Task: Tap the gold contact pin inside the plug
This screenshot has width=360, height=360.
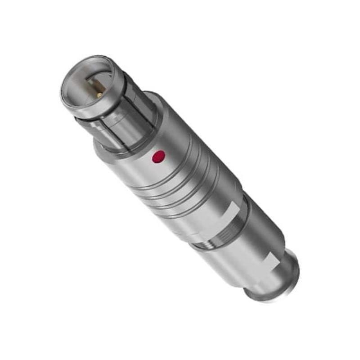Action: (x=99, y=94)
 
